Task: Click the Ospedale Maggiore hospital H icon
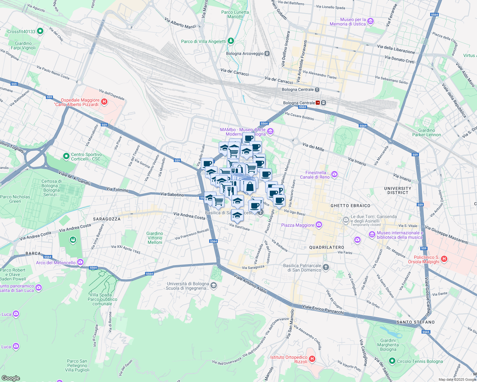(104, 102)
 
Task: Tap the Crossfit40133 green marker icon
(40, 31)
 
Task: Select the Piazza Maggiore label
(297, 225)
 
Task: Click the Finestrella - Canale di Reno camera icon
(334, 174)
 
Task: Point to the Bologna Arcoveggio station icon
(267, 53)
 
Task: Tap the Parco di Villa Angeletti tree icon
(231, 41)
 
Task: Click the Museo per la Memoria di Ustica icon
(370, 22)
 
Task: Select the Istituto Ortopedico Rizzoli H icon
(312, 359)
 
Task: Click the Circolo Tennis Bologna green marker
(392, 361)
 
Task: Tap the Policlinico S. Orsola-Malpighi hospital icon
(444, 259)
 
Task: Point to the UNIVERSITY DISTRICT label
(397, 190)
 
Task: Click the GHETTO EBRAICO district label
(350, 206)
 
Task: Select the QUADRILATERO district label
(327, 247)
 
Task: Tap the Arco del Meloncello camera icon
(80, 262)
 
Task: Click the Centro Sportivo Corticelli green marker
(66, 156)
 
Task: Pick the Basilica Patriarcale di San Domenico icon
(326, 267)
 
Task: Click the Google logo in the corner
(11, 378)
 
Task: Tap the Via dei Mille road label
(313, 147)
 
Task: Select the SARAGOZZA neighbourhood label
(106, 219)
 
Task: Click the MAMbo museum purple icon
(270, 131)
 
